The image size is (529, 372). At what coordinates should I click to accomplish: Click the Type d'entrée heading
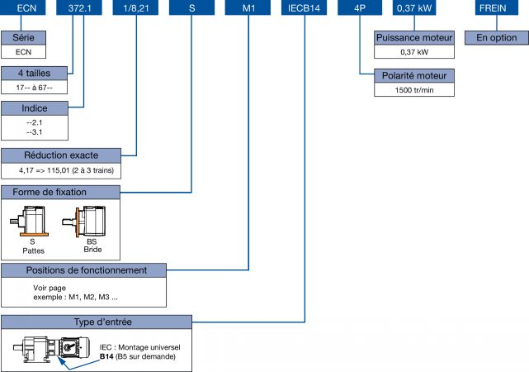(97, 321)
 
